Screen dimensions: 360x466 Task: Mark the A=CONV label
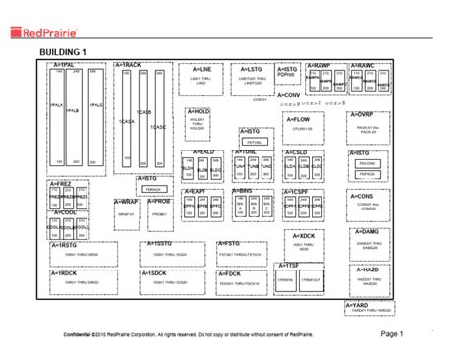(260, 95)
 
